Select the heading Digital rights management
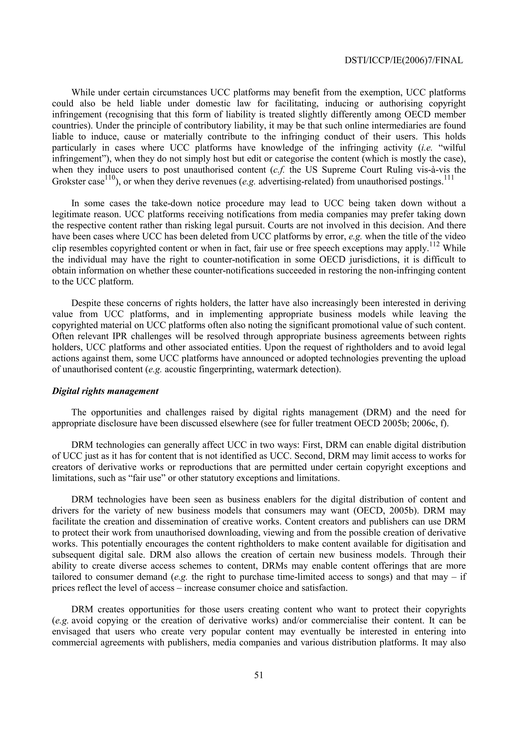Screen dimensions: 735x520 [x=105, y=391]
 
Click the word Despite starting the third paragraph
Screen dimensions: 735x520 [x=86, y=303]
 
